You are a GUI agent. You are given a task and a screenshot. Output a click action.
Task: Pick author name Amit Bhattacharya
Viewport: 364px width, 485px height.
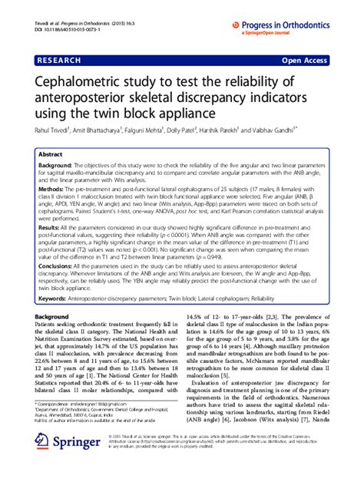110,130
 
